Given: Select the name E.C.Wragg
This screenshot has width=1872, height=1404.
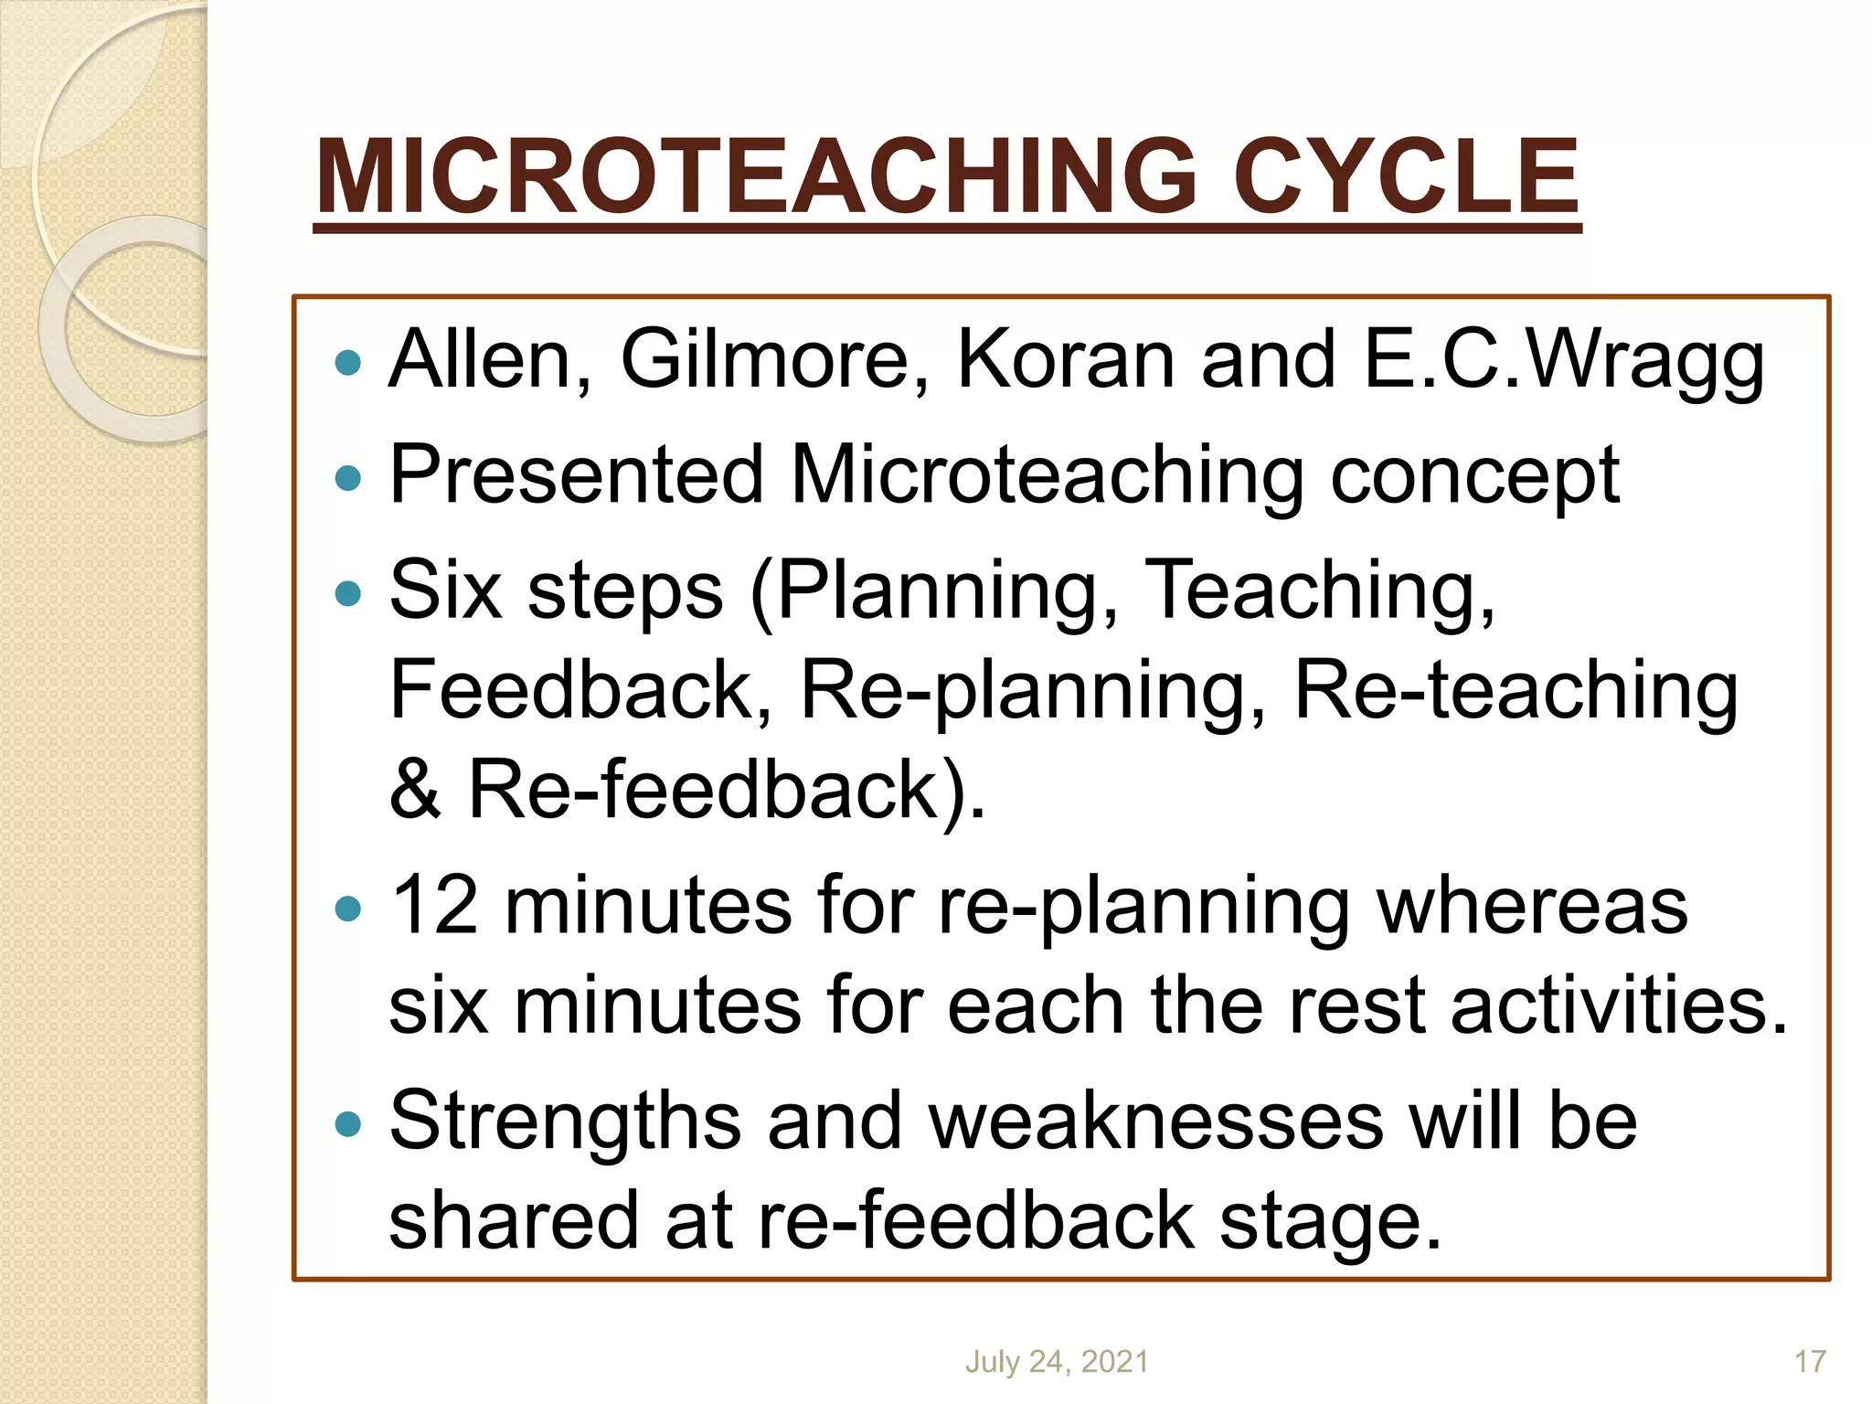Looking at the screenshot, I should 1564,360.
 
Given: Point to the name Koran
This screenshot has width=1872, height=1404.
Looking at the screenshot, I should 1065,360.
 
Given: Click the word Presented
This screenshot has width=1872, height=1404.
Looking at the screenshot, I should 576,474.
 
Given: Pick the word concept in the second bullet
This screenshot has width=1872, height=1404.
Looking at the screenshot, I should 1474,476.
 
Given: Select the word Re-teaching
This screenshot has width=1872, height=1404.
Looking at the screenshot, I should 1516,692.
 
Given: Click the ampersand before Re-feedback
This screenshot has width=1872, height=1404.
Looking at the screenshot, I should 416,790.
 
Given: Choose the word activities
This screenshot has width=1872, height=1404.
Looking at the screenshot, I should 1618,1005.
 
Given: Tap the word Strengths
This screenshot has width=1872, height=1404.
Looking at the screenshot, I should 565,1122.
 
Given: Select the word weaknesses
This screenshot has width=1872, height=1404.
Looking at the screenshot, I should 1156,1122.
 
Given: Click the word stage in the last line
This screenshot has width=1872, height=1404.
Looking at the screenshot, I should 1330,1222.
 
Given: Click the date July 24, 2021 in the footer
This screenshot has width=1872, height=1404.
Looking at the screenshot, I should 1057,1362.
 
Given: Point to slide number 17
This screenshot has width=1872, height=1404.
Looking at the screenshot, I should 1810,1362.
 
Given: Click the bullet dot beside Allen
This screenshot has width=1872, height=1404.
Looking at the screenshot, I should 348,364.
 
